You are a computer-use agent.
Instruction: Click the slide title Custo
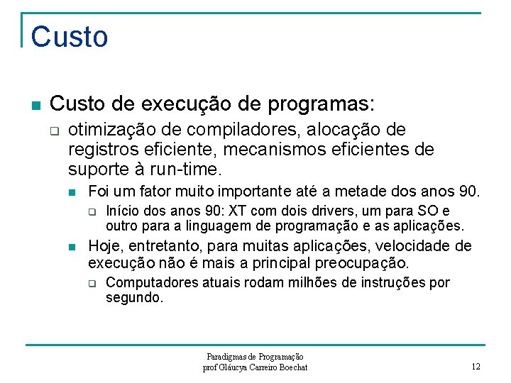coord(70,37)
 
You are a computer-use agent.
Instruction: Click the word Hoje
coord(104,246)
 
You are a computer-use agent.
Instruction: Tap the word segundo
coord(133,298)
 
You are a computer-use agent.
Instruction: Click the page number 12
coord(476,367)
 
